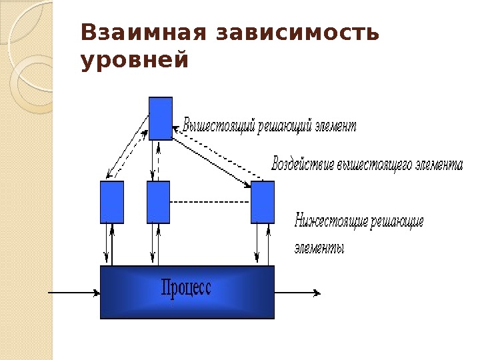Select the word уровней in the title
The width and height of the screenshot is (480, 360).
click(x=134, y=61)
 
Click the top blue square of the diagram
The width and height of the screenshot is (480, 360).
click(x=161, y=118)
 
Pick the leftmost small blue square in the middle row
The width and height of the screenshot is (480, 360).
click(x=111, y=202)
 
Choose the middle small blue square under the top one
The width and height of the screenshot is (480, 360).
click(x=158, y=202)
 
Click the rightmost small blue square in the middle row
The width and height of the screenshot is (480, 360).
click(x=263, y=202)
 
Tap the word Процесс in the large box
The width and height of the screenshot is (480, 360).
click(x=186, y=288)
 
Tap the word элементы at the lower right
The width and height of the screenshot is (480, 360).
click(x=319, y=249)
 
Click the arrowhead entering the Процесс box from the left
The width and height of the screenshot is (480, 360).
click(x=97, y=292)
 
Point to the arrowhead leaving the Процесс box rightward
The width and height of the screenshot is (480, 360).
click(x=317, y=292)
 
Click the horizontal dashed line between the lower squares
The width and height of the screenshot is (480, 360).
click(x=210, y=201)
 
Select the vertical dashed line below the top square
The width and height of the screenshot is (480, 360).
click(x=159, y=160)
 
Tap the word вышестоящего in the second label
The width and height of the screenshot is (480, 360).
click(x=374, y=164)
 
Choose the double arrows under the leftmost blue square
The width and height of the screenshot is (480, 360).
click(x=110, y=244)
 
